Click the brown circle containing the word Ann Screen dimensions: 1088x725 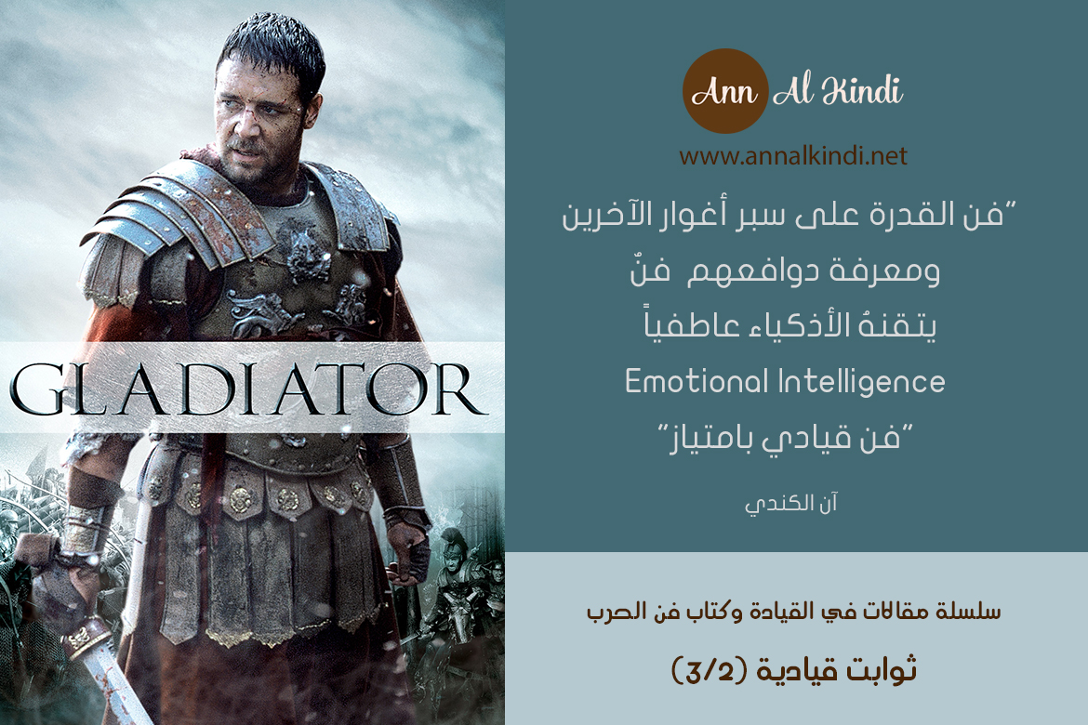click(725, 91)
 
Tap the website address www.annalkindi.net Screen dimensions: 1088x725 click(793, 155)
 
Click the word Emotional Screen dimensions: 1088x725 click(697, 382)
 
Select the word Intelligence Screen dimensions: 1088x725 click(861, 382)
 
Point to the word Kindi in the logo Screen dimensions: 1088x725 click(862, 91)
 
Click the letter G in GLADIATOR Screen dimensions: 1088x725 click(40, 389)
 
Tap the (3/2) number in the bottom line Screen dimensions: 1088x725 click(709, 670)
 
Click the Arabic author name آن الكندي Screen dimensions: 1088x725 click(791, 503)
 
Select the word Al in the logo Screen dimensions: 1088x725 click(793, 91)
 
